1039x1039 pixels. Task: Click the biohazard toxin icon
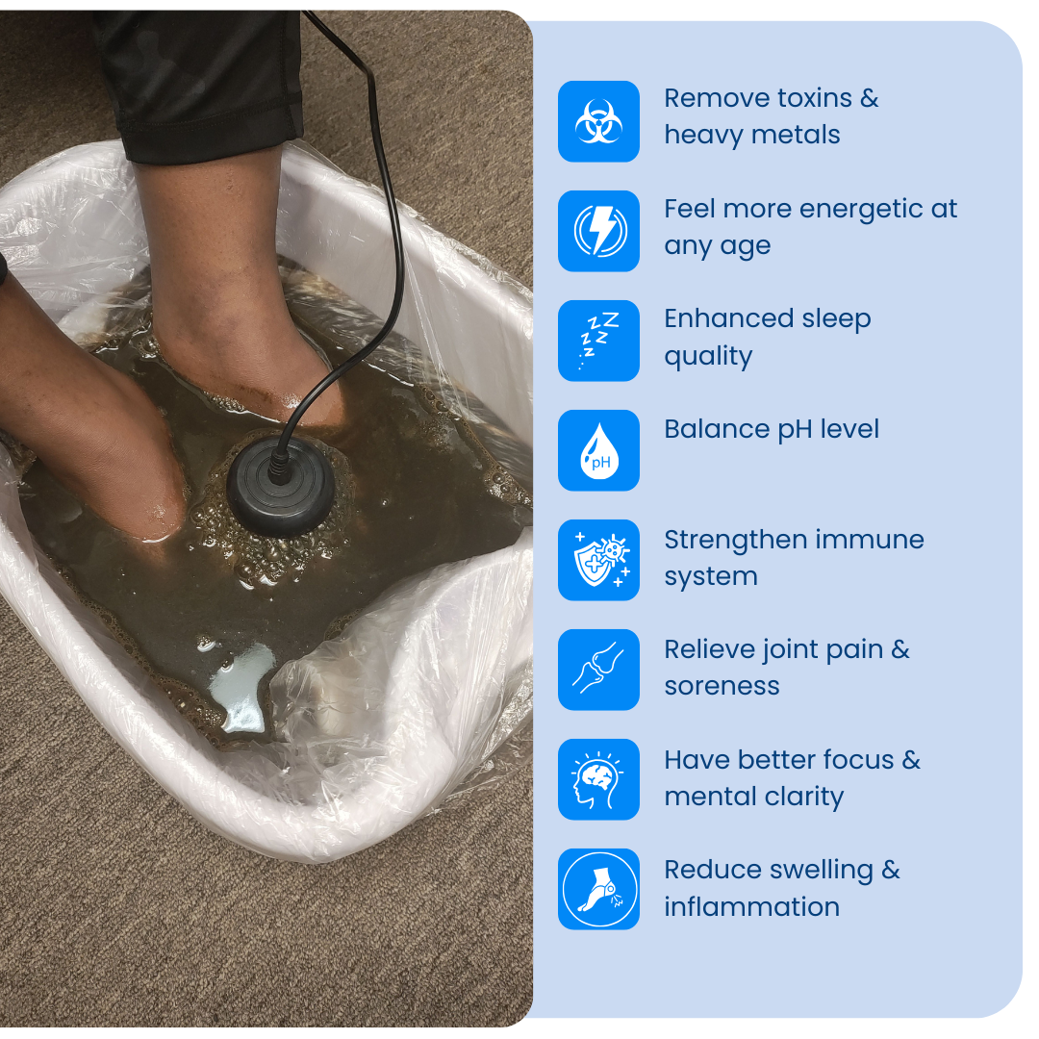[x=598, y=121]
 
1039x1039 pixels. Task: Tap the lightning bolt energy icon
[x=598, y=231]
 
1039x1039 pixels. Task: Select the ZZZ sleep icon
[x=598, y=341]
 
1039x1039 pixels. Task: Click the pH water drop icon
[x=598, y=450]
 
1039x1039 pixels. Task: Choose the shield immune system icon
[x=598, y=560]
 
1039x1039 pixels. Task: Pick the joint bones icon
[x=598, y=670]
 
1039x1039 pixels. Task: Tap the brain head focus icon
[x=598, y=779]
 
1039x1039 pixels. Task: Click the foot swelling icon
[x=598, y=889]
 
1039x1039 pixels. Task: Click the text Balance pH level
[x=772, y=429]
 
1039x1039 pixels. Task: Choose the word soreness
[x=722, y=686]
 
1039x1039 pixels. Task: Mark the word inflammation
[x=751, y=906]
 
